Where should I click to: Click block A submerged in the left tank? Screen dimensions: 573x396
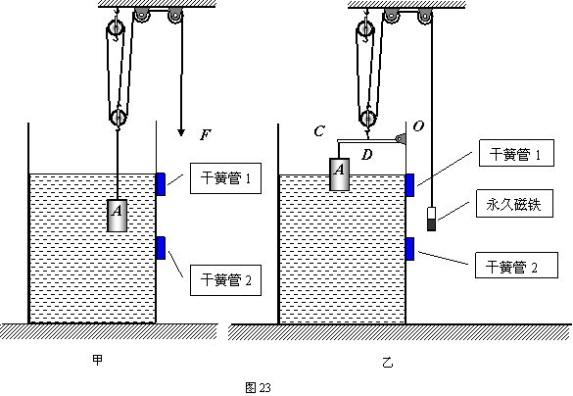(117, 216)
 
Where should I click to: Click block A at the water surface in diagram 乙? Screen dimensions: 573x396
(340, 174)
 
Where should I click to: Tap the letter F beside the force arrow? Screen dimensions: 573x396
(206, 135)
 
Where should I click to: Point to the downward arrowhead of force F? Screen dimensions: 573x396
(181, 132)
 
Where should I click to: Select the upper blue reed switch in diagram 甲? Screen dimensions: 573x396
(161, 184)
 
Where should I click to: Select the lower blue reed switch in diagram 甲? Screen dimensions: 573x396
(161, 248)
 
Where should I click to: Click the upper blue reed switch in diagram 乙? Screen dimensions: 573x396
(410, 185)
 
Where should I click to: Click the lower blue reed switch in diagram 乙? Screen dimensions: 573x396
(410, 249)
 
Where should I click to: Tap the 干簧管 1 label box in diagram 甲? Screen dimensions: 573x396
(226, 178)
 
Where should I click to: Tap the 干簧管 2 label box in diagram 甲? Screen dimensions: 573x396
(226, 280)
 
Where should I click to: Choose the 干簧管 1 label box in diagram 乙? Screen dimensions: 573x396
(516, 153)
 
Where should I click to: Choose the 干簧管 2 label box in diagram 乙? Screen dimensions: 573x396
(516, 265)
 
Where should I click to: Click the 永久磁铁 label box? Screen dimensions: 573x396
(514, 203)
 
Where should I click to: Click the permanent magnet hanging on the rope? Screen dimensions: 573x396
(432, 219)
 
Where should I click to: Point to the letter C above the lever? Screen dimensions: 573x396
(319, 131)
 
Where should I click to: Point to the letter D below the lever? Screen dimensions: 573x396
(367, 155)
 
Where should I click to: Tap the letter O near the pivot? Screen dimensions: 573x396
(418, 126)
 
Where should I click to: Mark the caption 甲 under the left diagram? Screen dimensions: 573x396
(98, 360)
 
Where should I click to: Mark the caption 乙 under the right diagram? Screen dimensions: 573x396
(387, 363)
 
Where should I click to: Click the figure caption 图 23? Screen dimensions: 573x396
(258, 387)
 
